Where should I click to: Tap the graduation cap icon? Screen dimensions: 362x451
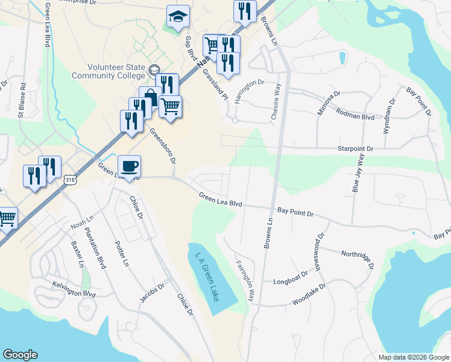click(178, 17)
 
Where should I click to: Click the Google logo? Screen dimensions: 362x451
click(20, 355)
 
